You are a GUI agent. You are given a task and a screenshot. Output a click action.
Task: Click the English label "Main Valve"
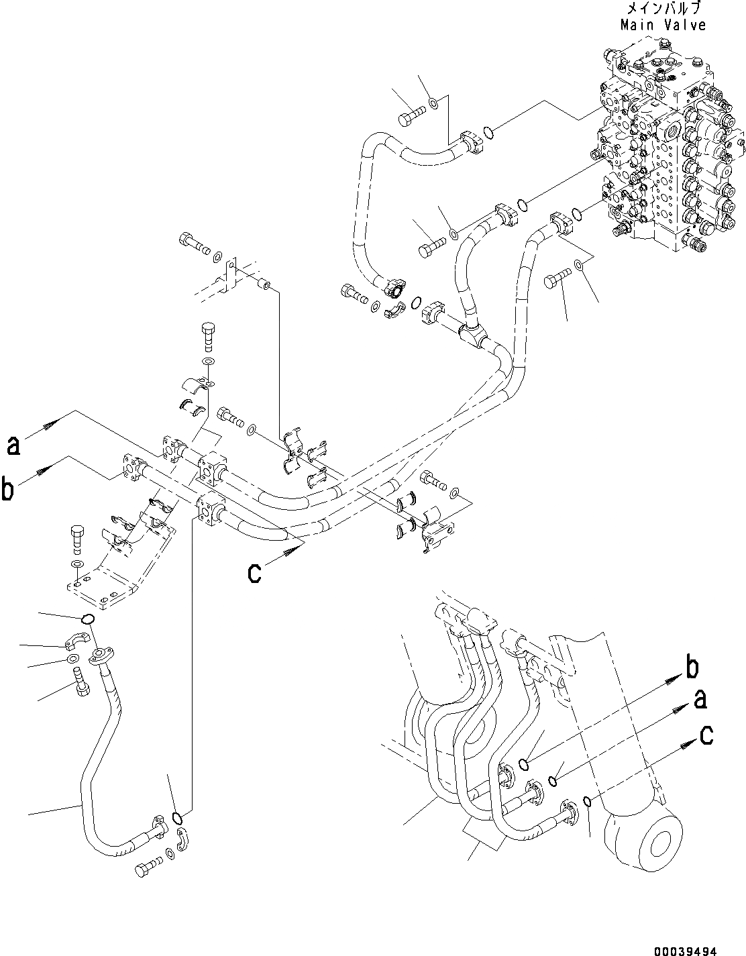tap(663, 25)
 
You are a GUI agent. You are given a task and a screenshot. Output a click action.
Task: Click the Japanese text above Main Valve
tap(663, 9)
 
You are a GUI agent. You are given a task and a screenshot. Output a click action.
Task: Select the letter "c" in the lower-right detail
tap(706, 735)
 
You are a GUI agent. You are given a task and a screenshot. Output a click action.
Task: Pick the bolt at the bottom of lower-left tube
tap(146, 869)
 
